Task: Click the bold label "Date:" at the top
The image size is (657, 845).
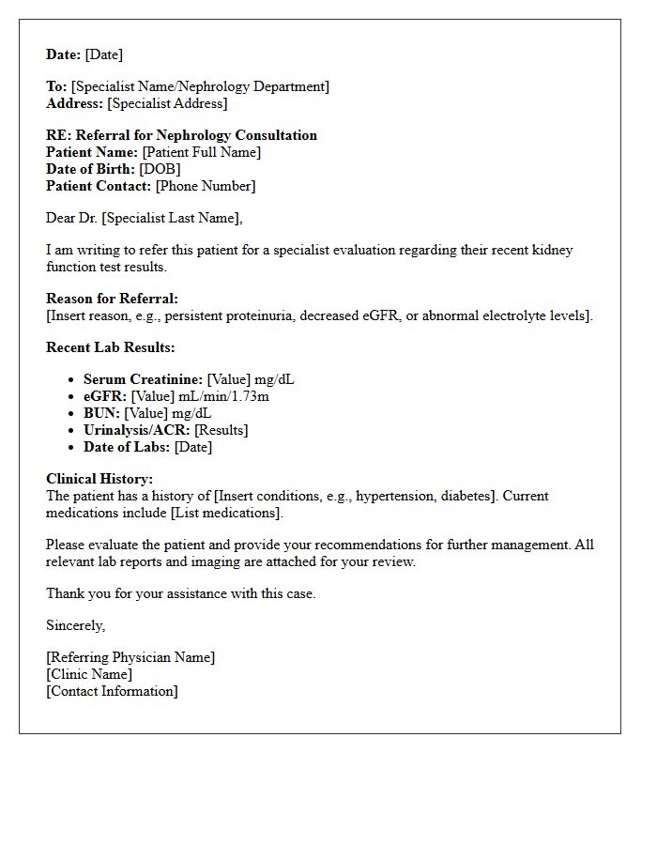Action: [64, 54]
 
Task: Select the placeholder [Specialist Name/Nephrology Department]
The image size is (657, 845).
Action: [200, 86]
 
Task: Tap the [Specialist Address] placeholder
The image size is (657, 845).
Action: [167, 103]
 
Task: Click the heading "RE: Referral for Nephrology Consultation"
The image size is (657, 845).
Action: [181, 135]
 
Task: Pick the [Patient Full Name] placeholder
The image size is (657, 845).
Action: [201, 152]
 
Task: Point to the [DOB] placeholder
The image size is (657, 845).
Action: [160, 169]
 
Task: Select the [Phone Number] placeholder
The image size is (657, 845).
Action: [205, 186]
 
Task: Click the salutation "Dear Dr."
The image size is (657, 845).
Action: [72, 218]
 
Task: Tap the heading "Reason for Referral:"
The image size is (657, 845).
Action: [112, 299]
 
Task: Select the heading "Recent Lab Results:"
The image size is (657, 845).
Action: [110, 347]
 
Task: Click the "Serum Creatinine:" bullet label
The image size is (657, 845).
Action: [143, 379]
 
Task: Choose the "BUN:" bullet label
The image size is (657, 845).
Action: [100, 413]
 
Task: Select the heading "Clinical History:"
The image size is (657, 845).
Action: [99, 479]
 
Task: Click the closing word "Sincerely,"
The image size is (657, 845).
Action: [76, 625]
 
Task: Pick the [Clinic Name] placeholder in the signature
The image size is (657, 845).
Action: [89, 674]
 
